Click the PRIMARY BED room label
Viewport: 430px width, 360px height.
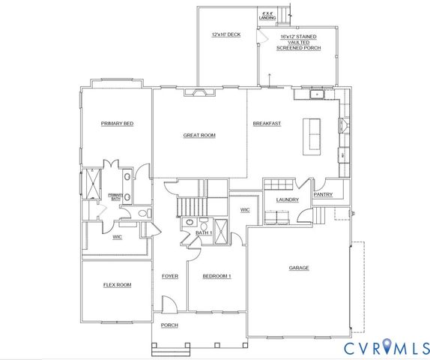pyautogui.click(x=117, y=123)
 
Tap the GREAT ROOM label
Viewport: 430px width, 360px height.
pyautogui.click(x=199, y=136)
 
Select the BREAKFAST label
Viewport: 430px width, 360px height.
pyautogui.click(x=267, y=123)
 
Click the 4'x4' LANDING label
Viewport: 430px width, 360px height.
pyautogui.click(x=267, y=14)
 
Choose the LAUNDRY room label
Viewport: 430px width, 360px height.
pyautogui.click(x=288, y=199)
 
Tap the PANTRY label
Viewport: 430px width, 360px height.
pyautogui.click(x=324, y=195)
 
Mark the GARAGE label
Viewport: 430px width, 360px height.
pyautogui.click(x=299, y=268)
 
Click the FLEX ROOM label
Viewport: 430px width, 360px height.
pyautogui.click(x=117, y=285)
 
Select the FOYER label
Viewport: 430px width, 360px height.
pyautogui.click(x=170, y=276)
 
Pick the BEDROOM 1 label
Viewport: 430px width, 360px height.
pyautogui.click(x=217, y=276)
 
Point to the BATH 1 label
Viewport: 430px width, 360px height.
pyautogui.click(x=204, y=233)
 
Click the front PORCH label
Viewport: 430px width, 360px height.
pyautogui.click(x=170, y=325)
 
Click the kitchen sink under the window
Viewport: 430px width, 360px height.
pyautogui.click(x=317, y=94)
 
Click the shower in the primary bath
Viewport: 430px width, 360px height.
pyautogui.click(x=94, y=183)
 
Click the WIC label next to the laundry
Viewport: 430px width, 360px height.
pyautogui.click(x=244, y=210)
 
